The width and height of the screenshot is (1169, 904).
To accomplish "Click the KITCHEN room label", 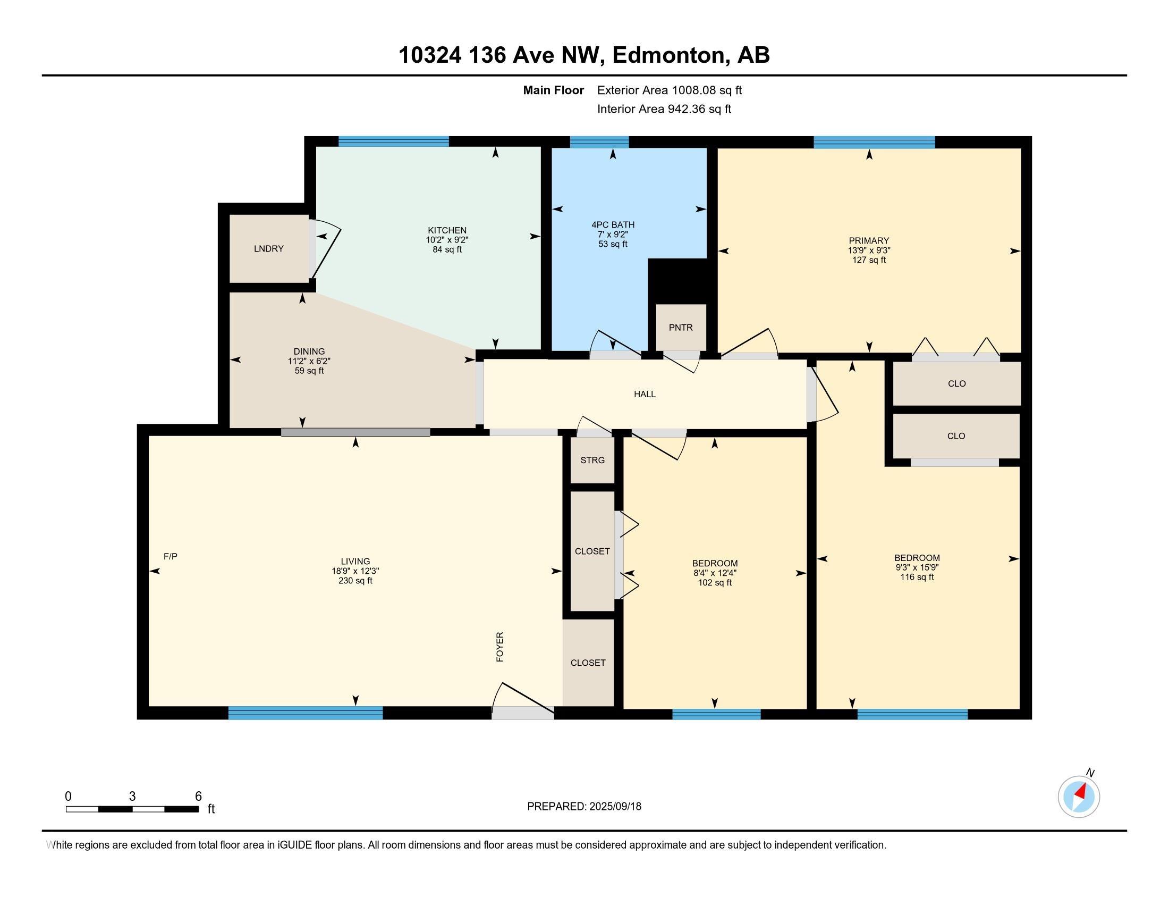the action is pyautogui.click(x=447, y=230).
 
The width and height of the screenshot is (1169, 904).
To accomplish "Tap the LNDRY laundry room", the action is pyautogui.click(x=269, y=248).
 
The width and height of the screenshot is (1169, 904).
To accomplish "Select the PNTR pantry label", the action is pyautogui.click(x=680, y=328).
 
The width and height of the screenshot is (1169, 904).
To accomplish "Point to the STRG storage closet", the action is pyautogui.click(x=592, y=460).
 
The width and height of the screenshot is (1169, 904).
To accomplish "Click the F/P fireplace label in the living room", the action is pyautogui.click(x=170, y=556).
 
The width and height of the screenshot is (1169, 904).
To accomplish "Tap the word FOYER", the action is pyautogui.click(x=500, y=647).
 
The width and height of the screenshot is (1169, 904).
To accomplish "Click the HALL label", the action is pyautogui.click(x=645, y=394).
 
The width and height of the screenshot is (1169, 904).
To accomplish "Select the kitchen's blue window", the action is pyautogui.click(x=393, y=141).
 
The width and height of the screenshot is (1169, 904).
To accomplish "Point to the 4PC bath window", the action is pyautogui.click(x=599, y=142).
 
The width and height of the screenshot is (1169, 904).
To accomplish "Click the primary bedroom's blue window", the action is pyautogui.click(x=874, y=142).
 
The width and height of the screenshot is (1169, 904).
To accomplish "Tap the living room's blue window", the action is pyautogui.click(x=306, y=713).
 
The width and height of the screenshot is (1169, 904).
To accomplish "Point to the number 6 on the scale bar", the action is pyautogui.click(x=198, y=797).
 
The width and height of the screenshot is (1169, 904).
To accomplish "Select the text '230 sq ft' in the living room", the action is pyautogui.click(x=355, y=581).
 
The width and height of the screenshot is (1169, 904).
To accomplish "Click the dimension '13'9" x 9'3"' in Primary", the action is pyautogui.click(x=869, y=250).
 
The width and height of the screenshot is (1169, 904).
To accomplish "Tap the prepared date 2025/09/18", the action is pyautogui.click(x=615, y=807).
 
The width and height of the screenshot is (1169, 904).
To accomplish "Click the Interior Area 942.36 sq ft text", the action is pyautogui.click(x=664, y=108).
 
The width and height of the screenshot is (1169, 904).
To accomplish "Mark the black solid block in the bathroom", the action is pyautogui.click(x=678, y=281).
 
